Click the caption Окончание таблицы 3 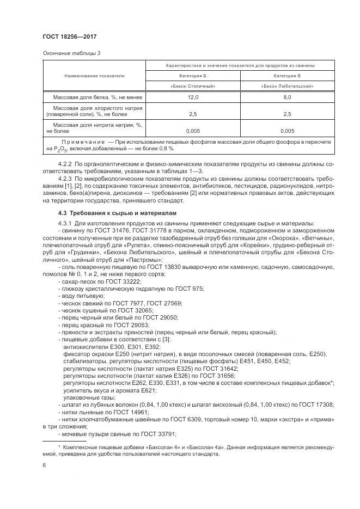70,53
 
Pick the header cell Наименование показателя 94,76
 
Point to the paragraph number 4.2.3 66,177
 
